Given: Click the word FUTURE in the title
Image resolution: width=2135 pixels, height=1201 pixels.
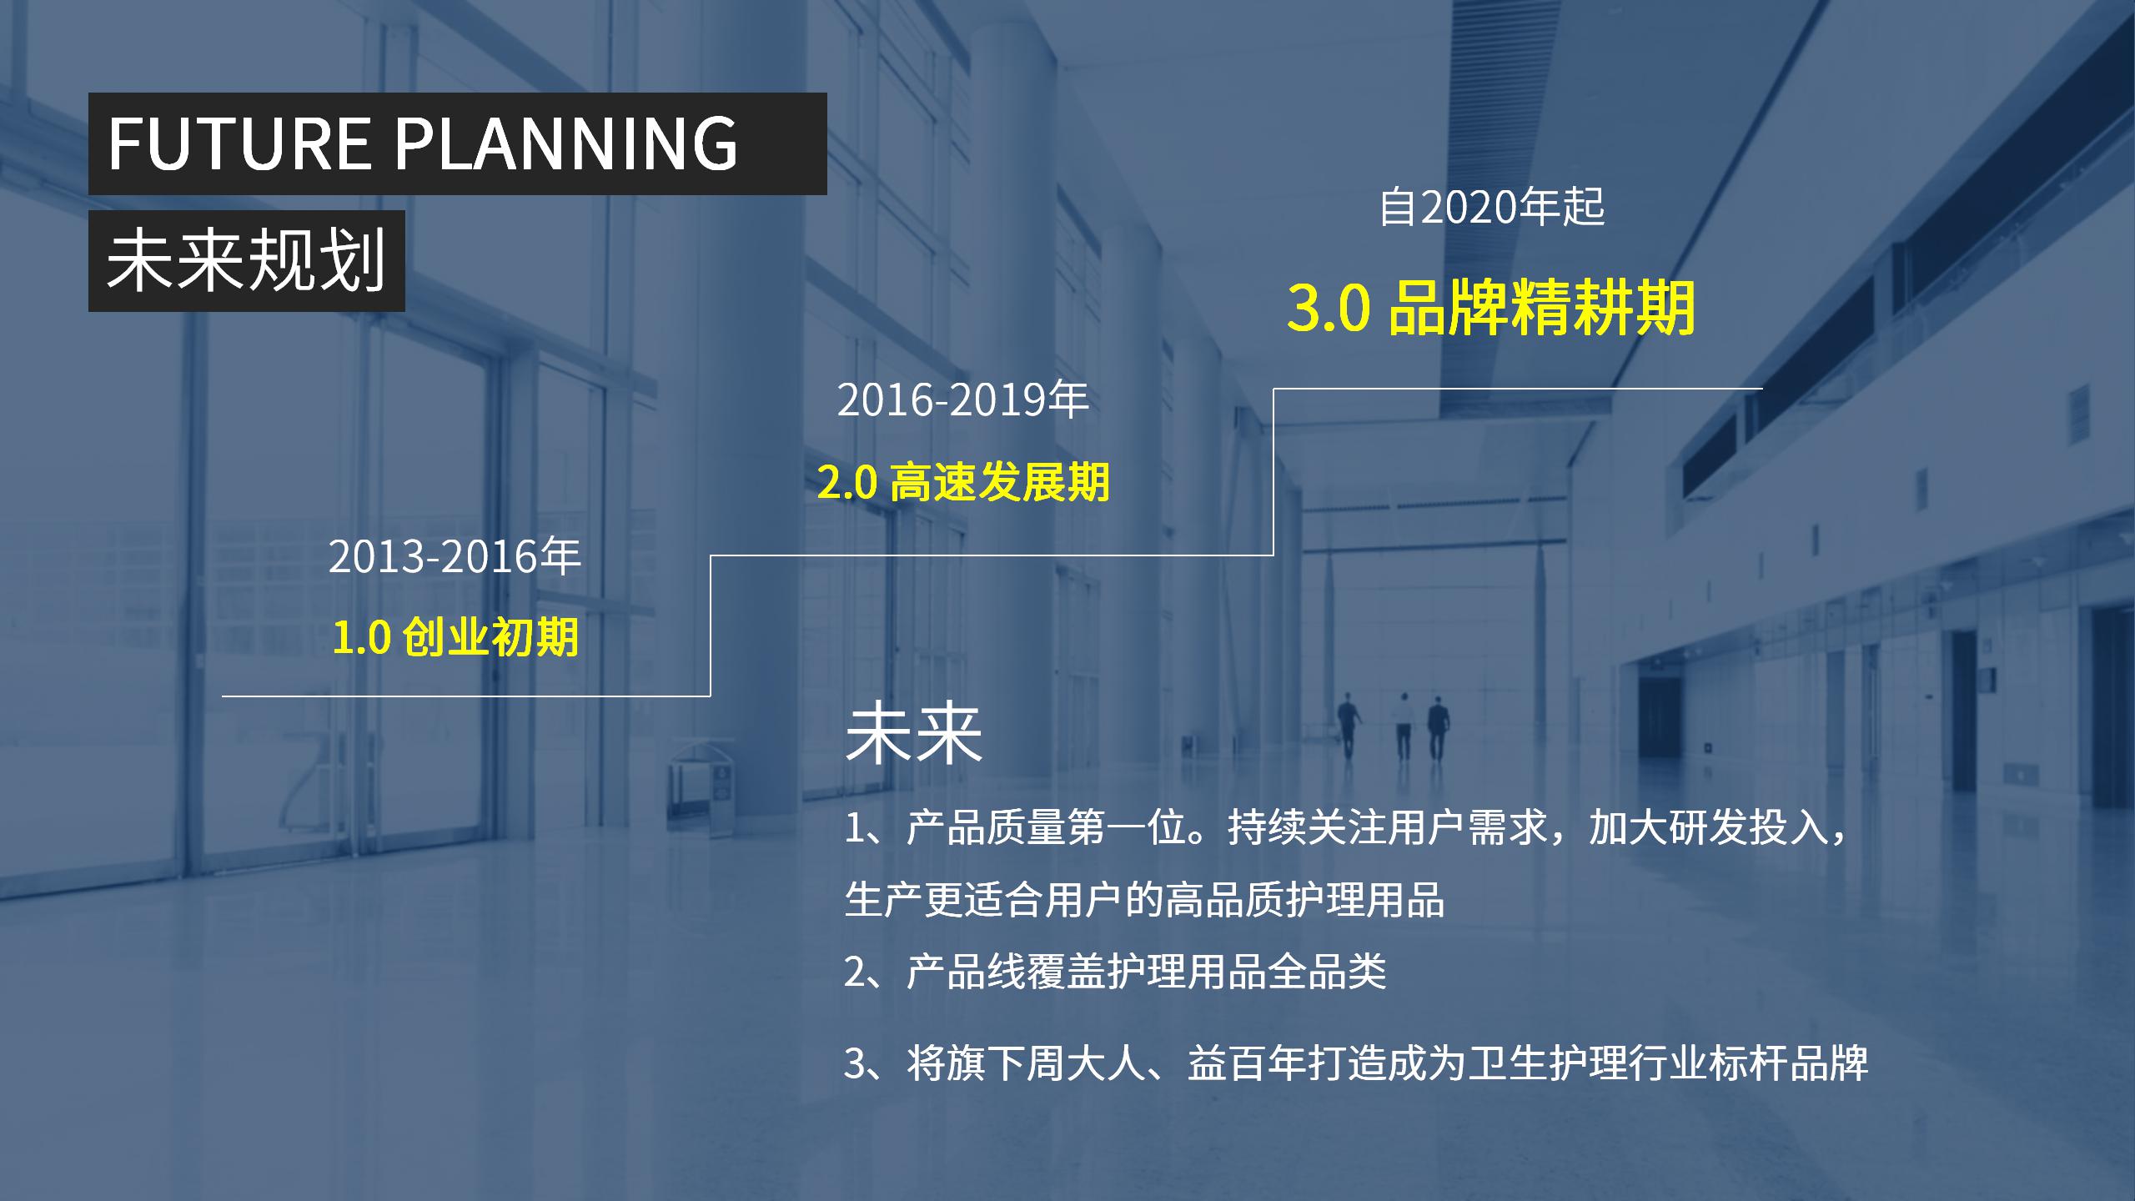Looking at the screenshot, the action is click(239, 143).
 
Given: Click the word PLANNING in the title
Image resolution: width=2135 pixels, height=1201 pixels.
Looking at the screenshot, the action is click(566, 143).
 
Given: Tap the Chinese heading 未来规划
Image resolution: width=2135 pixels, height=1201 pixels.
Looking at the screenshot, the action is click(247, 260).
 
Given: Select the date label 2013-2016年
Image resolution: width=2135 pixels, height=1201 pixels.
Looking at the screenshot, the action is click(455, 556).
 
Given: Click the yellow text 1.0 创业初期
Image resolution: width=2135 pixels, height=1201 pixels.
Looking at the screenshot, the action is click(455, 638).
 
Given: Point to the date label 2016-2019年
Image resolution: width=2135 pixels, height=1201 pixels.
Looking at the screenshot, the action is click(963, 399).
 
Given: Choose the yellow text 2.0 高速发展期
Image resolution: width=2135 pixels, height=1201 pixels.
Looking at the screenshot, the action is click(963, 482).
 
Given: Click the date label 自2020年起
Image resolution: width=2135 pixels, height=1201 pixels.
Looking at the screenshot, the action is click(1492, 207).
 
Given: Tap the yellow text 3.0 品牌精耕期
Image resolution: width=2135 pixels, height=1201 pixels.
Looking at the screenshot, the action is click(1491, 308).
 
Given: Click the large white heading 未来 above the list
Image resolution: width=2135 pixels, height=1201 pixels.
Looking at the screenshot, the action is click(914, 734).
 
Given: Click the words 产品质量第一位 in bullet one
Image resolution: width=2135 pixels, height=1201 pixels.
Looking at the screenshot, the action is click(1047, 828).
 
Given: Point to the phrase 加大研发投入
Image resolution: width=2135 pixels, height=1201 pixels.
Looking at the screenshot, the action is click(1709, 828).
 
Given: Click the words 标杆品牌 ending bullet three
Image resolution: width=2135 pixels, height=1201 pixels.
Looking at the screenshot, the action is click(1789, 1063).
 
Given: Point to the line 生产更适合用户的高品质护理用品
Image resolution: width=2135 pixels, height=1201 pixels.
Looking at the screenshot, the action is click(1145, 901).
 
